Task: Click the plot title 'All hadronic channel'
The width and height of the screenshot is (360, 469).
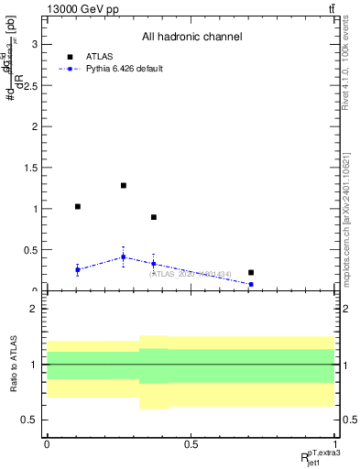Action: (x=191, y=37)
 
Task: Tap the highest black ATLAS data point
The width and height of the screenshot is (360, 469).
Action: (x=124, y=185)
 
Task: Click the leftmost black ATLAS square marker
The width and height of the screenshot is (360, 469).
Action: (x=78, y=206)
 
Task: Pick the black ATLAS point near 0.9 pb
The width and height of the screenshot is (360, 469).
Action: (x=154, y=217)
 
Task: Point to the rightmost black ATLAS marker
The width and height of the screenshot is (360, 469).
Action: (x=251, y=272)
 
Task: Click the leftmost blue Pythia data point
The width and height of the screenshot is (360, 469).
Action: (x=78, y=269)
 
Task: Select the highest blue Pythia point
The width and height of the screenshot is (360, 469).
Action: (x=124, y=256)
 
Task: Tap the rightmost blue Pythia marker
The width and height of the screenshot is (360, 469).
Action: (x=251, y=284)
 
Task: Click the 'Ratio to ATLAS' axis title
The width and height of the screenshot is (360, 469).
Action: (x=12, y=365)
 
